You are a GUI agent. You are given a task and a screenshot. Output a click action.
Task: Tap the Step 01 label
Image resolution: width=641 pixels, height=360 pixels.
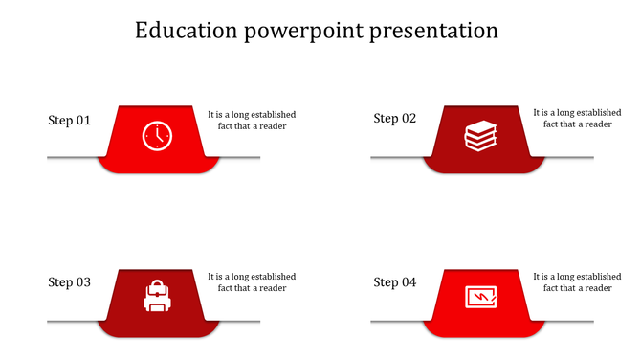tap(70, 121)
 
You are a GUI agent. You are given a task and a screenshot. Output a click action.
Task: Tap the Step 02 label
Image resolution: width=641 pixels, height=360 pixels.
tap(395, 119)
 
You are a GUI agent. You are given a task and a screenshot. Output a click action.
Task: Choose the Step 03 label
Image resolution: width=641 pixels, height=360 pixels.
tap(70, 282)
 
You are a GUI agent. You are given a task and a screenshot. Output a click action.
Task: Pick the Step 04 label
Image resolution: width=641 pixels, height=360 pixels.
tap(395, 282)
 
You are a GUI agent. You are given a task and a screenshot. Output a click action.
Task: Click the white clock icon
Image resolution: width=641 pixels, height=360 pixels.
tap(156, 136)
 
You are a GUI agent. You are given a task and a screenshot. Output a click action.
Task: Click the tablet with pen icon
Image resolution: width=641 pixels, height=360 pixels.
tap(481, 297)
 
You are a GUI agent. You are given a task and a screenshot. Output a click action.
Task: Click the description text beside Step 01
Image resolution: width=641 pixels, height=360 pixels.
tap(252, 120)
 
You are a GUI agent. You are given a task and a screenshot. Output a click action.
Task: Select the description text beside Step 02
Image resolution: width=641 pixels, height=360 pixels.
tap(577, 118)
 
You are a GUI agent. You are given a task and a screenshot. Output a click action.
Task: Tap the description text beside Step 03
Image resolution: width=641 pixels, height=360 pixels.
tap(252, 282)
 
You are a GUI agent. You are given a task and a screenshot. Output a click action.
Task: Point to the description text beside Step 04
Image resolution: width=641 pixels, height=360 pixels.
tap(577, 282)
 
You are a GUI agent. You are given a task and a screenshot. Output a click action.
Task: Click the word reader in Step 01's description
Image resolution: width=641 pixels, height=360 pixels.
tap(273, 125)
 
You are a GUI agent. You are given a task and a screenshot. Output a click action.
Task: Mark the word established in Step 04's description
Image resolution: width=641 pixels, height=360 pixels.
tap(594, 277)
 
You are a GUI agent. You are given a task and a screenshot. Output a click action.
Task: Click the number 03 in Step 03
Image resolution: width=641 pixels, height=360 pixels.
tap(83, 282)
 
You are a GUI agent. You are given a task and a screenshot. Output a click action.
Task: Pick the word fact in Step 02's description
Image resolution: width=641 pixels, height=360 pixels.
tap(553, 124)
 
